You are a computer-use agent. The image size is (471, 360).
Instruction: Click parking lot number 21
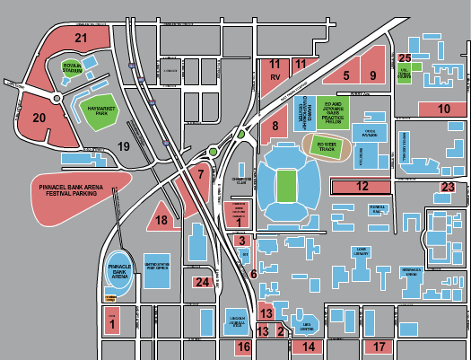[82, 38]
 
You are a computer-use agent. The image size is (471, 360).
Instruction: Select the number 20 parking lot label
[39, 117]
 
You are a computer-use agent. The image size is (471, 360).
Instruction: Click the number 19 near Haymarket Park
[125, 145]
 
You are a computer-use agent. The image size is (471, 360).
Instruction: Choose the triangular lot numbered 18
[161, 219]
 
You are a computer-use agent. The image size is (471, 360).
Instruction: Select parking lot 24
[203, 282]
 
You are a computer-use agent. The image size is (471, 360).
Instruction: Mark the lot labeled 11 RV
[275, 71]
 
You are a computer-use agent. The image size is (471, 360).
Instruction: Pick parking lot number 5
[345, 75]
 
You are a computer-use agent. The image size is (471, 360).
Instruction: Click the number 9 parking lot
[372, 75]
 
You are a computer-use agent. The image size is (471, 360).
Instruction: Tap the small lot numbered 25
[405, 57]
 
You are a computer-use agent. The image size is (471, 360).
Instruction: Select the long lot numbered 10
[444, 108]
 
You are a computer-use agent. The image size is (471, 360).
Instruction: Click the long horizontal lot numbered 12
[362, 186]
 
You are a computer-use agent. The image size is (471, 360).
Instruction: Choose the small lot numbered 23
[448, 187]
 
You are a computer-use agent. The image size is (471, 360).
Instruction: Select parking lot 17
[379, 346]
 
